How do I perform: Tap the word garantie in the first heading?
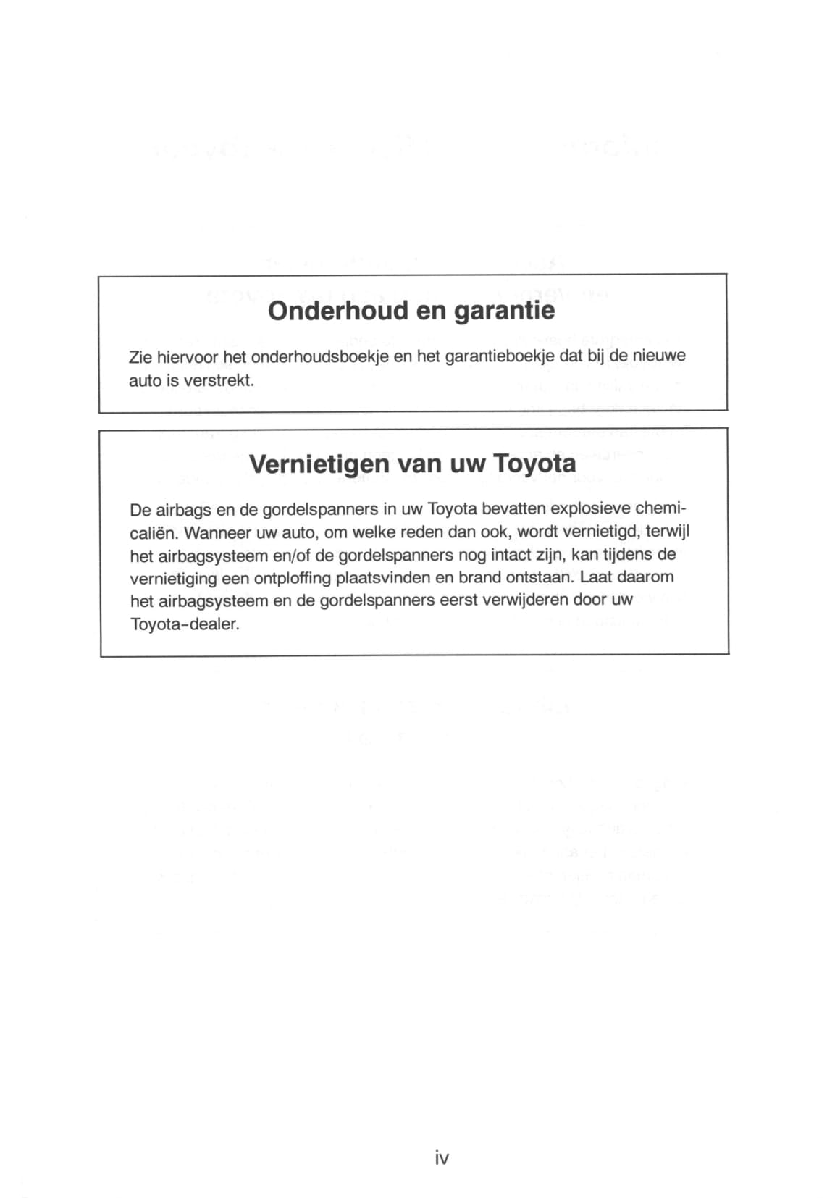coord(504,311)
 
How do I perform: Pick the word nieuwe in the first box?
coord(659,356)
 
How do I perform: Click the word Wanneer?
coord(218,532)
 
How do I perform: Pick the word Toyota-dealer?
coord(184,624)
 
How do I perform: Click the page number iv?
coord(442,1158)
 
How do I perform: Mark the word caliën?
coord(154,532)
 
